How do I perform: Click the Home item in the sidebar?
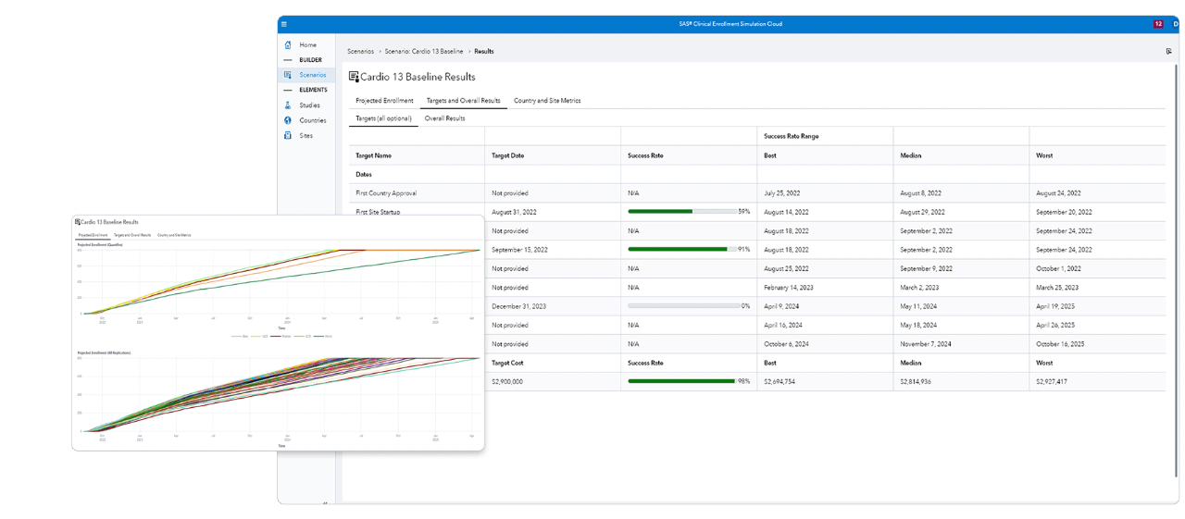(x=306, y=44)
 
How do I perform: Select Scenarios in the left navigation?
(x=312, y=75)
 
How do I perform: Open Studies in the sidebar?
(x=309, y=105)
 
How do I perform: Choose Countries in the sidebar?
(x=312, y=120)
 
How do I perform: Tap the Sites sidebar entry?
(x=306, y=136)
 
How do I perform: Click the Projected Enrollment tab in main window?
(x=384, y=100)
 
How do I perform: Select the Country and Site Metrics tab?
(x=546, y=100)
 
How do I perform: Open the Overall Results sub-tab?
(x=444, y=118)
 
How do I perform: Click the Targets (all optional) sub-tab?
(x=383, y=118)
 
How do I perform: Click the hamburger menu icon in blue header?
(x=284, y=24)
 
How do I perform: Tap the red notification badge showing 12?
(x=1158, y=24)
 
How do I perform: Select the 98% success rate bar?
(x=681, y=381)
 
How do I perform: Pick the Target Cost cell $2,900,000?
(x=507, y=381)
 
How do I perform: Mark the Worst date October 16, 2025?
(x=1060, y=344)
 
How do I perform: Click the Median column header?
(x=911, y=155)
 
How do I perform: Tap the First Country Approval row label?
(x=386, y=193)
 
